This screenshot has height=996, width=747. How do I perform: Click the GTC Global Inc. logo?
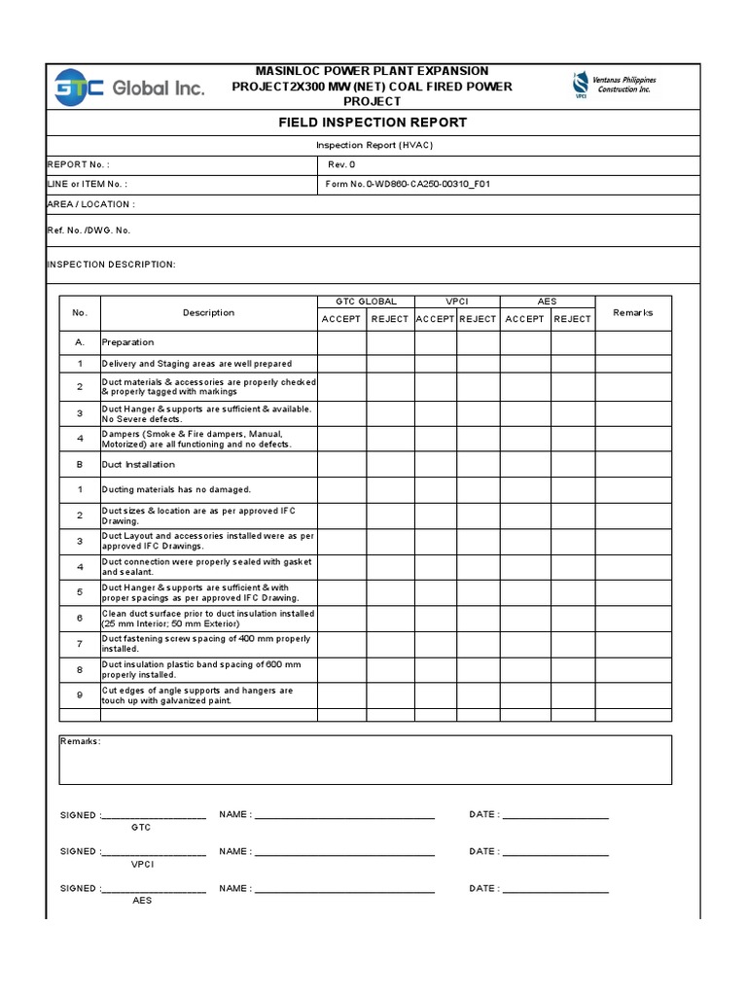(129, 87)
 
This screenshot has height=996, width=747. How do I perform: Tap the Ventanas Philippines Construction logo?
(614, 86)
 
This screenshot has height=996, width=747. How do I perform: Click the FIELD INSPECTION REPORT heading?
(373, 123)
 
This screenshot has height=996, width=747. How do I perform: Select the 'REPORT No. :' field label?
(79, 164)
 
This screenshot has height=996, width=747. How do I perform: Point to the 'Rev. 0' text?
(341, 164)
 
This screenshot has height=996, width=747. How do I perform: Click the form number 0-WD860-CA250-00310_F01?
(408, 183)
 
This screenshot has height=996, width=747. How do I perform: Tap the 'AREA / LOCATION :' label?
(91, 204)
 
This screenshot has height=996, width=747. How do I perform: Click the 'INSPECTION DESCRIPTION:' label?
(112, 264)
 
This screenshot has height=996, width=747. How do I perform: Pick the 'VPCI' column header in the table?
(457, 302)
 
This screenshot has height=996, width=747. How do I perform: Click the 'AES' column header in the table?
(547, 302)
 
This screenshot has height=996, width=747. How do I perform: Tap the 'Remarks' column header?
(633, 312)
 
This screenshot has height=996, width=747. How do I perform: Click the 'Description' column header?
(208, 312)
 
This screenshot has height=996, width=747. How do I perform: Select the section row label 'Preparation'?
(127, 342)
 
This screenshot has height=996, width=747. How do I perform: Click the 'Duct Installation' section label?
(138, 464)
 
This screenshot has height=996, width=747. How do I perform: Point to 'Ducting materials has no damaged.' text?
(176, 489)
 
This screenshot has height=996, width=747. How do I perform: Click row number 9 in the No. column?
(80, 694)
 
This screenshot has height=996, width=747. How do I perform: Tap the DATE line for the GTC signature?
(555, 815)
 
